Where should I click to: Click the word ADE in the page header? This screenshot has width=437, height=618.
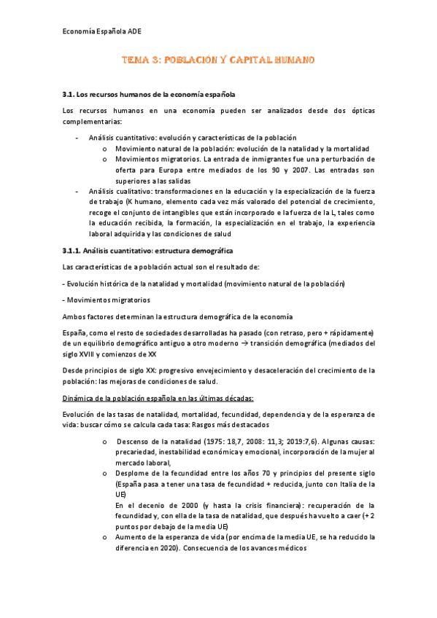[x=136, y=33]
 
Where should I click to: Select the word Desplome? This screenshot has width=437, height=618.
[x=132, y=472]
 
